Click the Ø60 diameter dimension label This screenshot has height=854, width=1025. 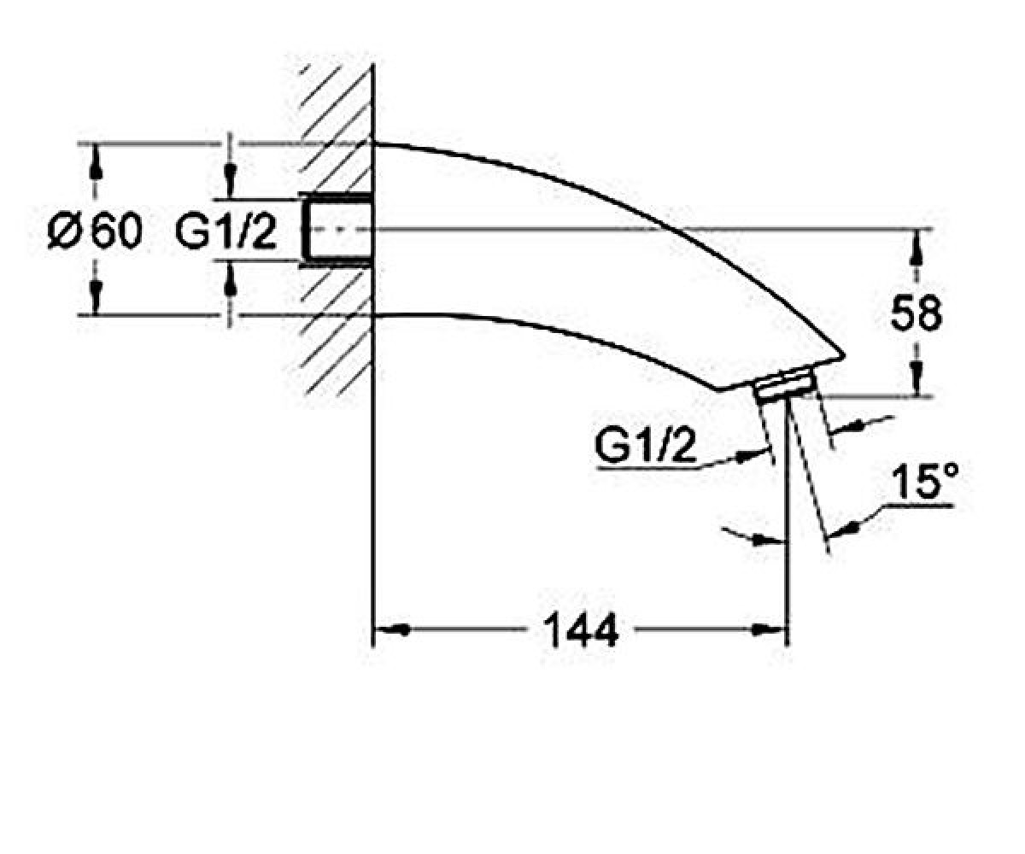[x=95, y=231]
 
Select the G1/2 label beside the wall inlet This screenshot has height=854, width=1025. [x=225, y=231]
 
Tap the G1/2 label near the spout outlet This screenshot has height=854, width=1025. [x=645, y=447]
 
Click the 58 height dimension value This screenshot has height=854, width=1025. [x=917, y=313]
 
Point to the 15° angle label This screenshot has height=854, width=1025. [x=924, y=482]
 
